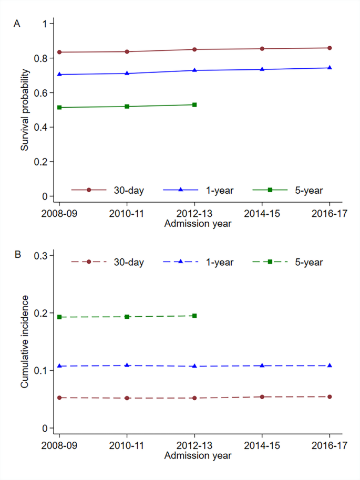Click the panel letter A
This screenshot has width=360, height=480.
[17, 24]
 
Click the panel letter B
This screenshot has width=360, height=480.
[17, 255]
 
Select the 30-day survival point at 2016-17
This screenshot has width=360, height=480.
[330, 48]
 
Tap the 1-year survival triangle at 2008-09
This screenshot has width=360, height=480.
[59, 74]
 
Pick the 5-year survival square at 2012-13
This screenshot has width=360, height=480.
[194, 105]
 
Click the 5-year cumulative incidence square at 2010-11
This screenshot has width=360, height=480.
[127, 317]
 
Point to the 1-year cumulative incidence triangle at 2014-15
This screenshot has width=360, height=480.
[262, 365]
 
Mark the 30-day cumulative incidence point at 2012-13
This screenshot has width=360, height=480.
[194, 398]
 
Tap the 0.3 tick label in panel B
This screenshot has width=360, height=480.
[40, 255]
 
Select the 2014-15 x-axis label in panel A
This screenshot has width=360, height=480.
[262, 214]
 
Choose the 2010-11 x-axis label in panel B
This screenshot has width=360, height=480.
[127, 446]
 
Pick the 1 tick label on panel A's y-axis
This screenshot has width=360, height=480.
[45, 24]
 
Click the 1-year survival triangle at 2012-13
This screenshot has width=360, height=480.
[194, 70]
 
